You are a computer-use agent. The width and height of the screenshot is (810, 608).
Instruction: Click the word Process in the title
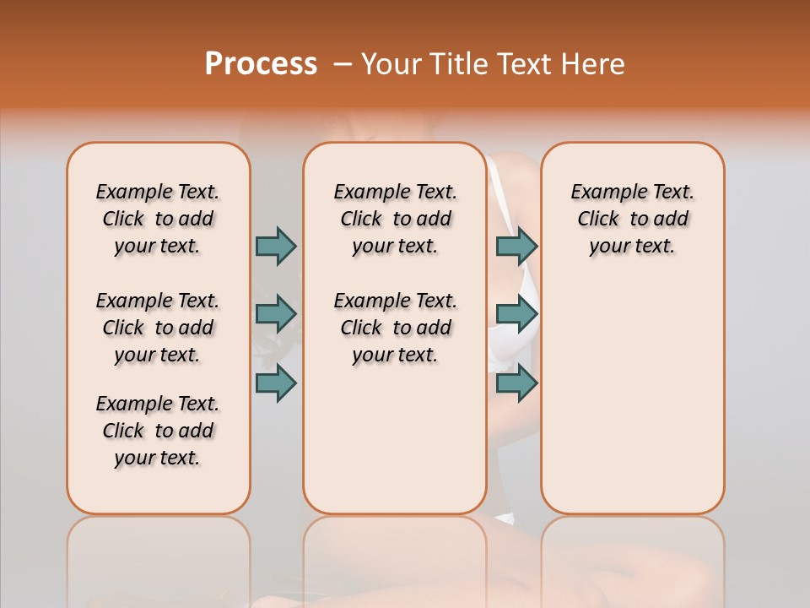[x=261, y=63]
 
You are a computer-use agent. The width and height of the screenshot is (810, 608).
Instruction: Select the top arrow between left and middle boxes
[x=276, y=246]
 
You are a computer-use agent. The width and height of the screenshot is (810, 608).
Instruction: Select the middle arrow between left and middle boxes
[x=276, y=314]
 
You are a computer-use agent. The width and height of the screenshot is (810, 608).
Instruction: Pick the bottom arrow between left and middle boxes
[x=276, y=383]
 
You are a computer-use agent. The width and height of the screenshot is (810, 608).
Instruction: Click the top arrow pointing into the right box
[x=516, y=246]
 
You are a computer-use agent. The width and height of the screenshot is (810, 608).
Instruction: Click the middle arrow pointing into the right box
[x=516, y=314]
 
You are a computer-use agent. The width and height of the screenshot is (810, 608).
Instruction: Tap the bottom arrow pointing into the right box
[x=516, y=383]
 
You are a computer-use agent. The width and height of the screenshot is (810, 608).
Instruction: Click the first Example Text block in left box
[x=158, y=219]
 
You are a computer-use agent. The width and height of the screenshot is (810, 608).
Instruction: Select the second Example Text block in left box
[x=158, y=328]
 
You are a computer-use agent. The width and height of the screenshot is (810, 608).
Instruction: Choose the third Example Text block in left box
[x=158, y=431]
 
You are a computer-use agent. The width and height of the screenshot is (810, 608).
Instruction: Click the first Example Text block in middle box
[x=395, y=219]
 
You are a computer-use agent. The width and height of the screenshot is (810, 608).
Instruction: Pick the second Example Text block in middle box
[x=395, y=328]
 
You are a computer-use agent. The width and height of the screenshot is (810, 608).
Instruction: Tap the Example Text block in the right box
[x=632, y=219]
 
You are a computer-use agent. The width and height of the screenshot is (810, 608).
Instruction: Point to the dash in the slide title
[x=342, y=64]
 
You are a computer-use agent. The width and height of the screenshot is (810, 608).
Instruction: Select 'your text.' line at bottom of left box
[x=157, y=458]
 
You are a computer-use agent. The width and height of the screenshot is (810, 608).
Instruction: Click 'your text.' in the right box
[x=632, y=247]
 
